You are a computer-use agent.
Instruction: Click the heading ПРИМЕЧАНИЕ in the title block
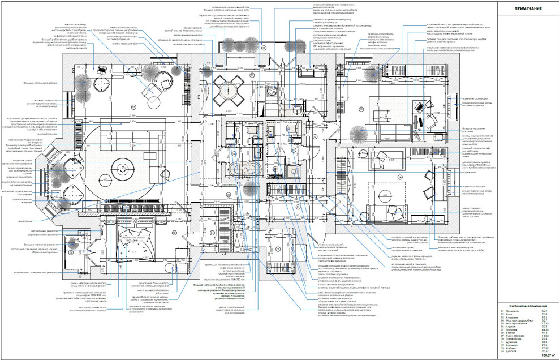pos(528,9)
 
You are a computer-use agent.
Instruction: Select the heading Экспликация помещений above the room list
pos(528,305)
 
